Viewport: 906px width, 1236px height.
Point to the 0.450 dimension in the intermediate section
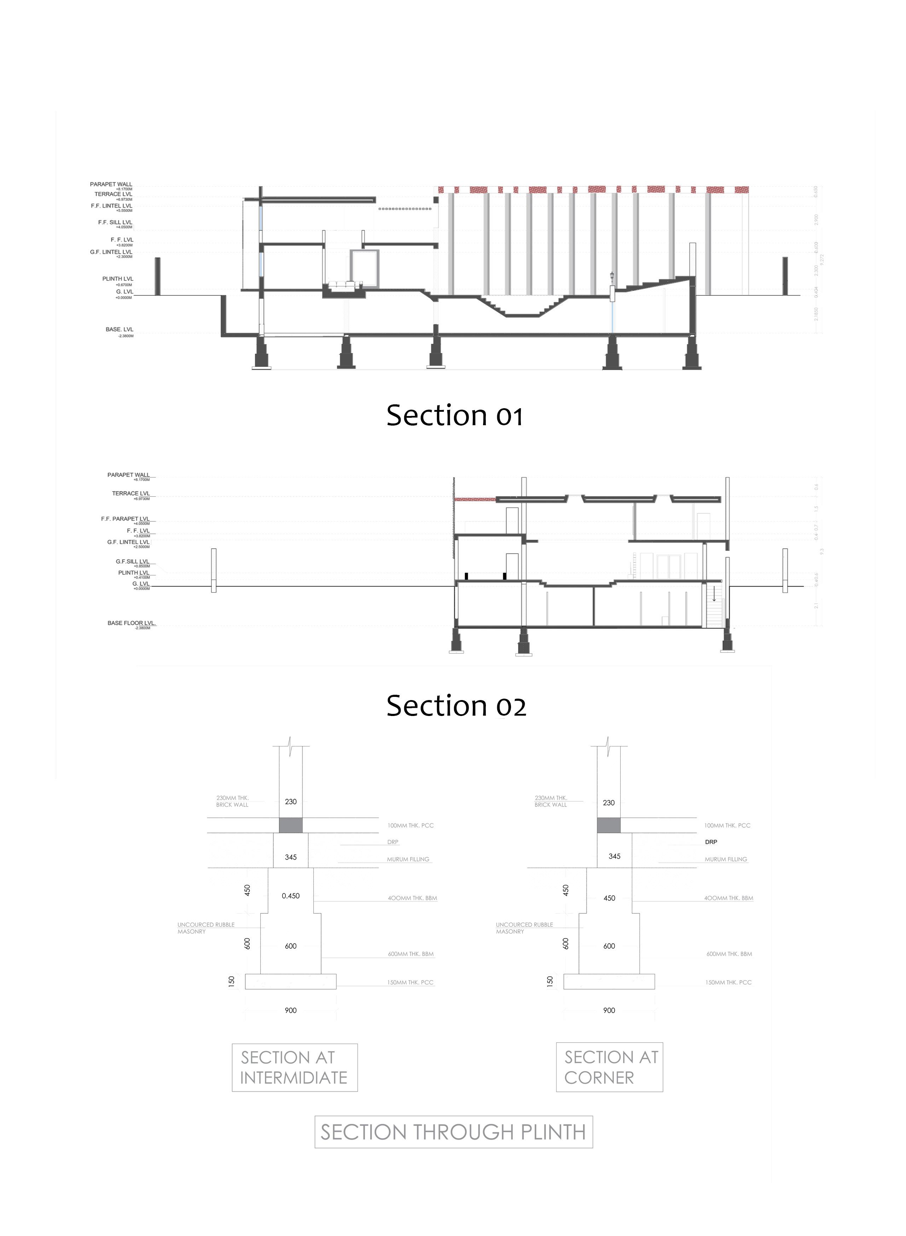[x=291, y=896]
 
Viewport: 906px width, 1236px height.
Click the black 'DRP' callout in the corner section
[x=711, y=842]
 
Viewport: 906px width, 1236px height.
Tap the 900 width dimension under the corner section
[x=609, y=1010]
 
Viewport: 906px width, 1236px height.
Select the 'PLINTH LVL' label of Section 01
[x=117, y=279]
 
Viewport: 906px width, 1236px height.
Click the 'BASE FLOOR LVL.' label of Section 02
[x=132, y=623]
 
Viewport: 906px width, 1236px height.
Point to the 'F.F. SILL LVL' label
[x=115, y=223]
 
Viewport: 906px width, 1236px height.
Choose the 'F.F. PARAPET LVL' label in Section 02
[x=125, y=519]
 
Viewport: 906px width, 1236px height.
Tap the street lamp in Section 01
[x=612, y=277]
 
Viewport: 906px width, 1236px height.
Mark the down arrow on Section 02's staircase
[x=714, y=595]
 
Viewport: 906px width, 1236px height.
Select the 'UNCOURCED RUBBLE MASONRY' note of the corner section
[x=524, y=928]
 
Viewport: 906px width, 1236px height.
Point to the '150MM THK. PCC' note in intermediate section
[x=410, y=982]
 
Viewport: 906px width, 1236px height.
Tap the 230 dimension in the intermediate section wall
[x=291, y=802]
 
